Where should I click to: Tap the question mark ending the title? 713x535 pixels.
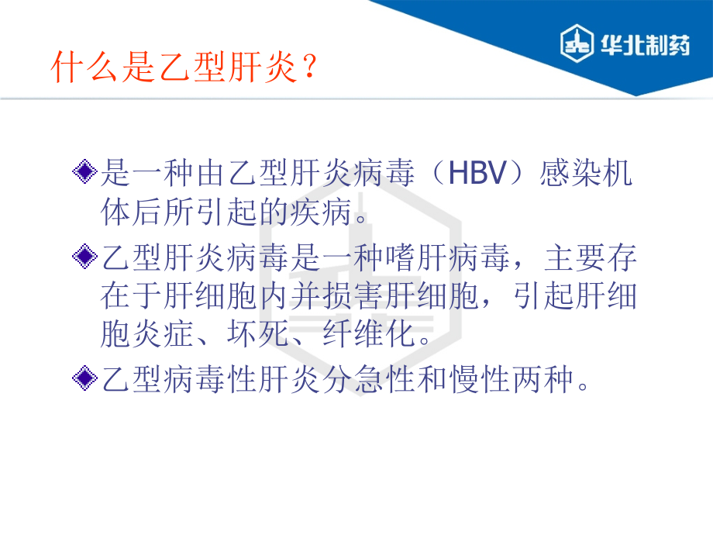308,68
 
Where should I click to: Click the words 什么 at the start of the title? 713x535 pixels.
81,68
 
